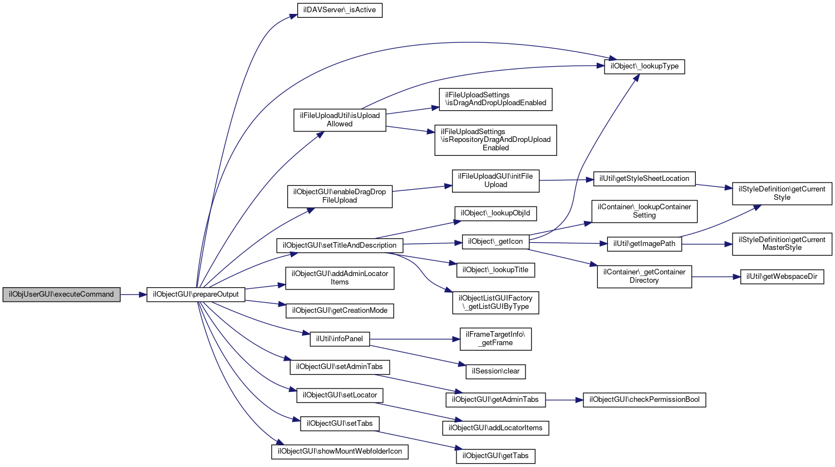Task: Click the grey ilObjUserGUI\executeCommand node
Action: tap(61, 294)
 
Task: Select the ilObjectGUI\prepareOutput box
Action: tap(196, 294)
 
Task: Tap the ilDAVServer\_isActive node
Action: tap(340, 10)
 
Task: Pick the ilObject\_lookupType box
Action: tap(644, 66)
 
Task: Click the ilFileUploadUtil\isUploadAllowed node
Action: tap(340, 120)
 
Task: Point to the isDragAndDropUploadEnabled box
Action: tap(495, 99)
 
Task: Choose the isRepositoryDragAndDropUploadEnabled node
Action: tap(495, 140)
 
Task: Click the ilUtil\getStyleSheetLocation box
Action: tap(644, 179)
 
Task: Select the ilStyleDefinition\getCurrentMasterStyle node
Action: tap(782, 244)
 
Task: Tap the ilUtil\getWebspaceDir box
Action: tap(782, 277)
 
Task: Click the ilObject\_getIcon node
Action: tap(495, 242)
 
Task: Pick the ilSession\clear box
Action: tap(495, 372)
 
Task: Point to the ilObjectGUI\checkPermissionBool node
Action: tap(644, 400)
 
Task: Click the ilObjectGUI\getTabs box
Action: tap(495, 456)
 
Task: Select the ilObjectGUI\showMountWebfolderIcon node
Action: tap(340, 452)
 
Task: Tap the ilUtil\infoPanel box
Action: tap(340, 339)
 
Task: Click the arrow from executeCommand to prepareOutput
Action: tap(134, 295)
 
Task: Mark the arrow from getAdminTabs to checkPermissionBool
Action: tap(564, 400)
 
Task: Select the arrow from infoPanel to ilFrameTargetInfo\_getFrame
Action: tap(415, 339)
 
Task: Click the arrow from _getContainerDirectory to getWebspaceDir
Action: tap(716, 277)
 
